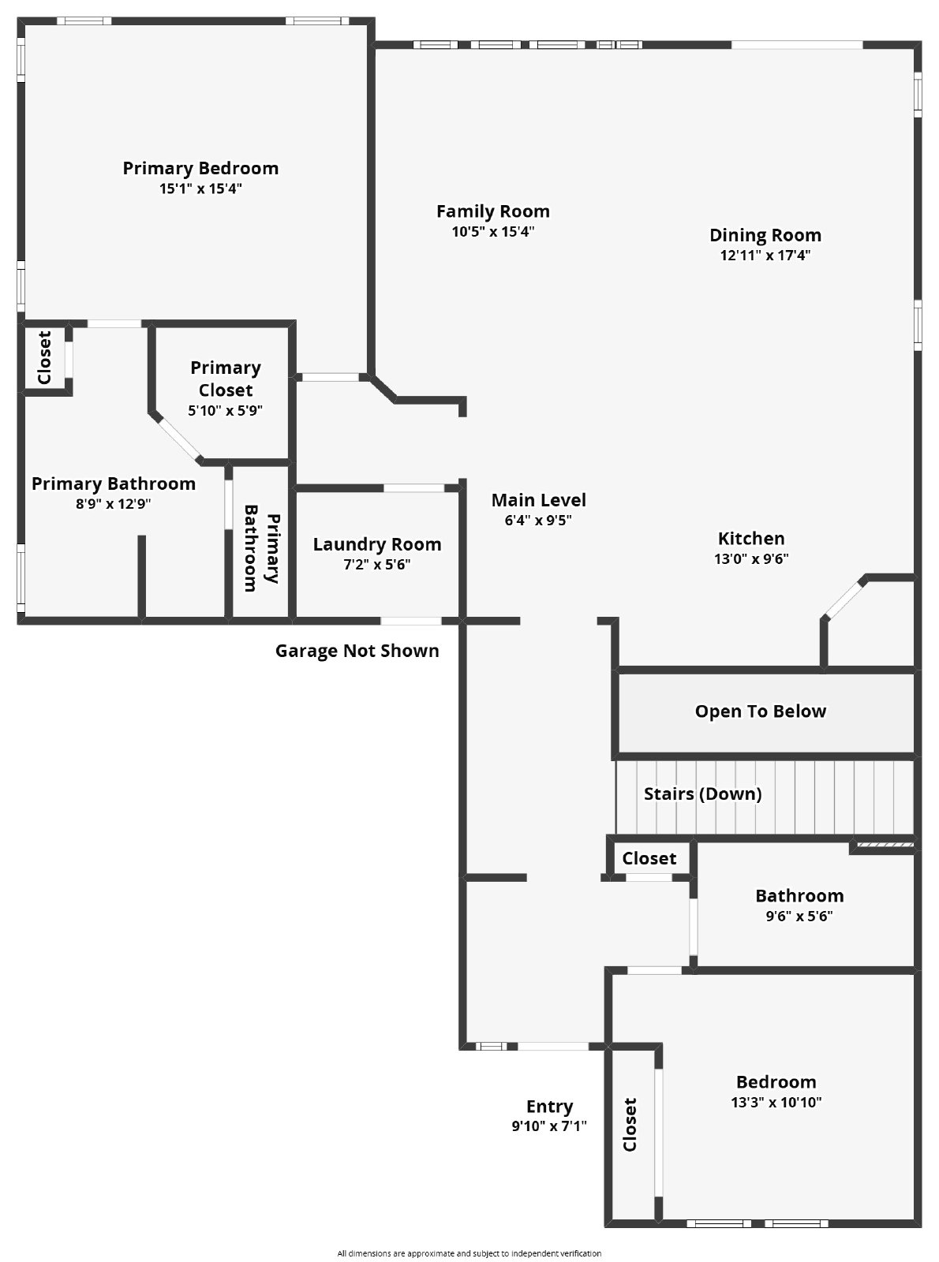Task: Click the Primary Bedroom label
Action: tap(200, 168)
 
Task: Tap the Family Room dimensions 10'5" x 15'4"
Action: tap(493, 232)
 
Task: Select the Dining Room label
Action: tap(765, 235)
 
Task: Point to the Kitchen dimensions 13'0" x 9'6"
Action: tap(751, 559)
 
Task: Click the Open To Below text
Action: tap(760, 711)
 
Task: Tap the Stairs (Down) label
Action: tap(702, 793)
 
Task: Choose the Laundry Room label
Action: tap(377, 544)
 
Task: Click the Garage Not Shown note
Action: tap(357, 651)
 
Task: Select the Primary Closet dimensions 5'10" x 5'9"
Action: tap(225, 411)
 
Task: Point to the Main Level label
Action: tap(538, 500)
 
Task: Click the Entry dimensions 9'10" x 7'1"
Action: tap(549, 1126)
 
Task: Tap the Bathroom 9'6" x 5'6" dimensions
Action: tap(799, 917)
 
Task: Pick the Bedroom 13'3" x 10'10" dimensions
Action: tap(776, 1103)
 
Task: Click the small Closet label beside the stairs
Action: tap(649, 858)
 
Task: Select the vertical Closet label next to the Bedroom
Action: tap(630, 1125)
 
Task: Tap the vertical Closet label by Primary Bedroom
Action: tap(44, 357)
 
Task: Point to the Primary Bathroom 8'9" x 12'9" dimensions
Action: tap(113, 504)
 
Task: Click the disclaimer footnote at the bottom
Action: tap(469, 1253)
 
